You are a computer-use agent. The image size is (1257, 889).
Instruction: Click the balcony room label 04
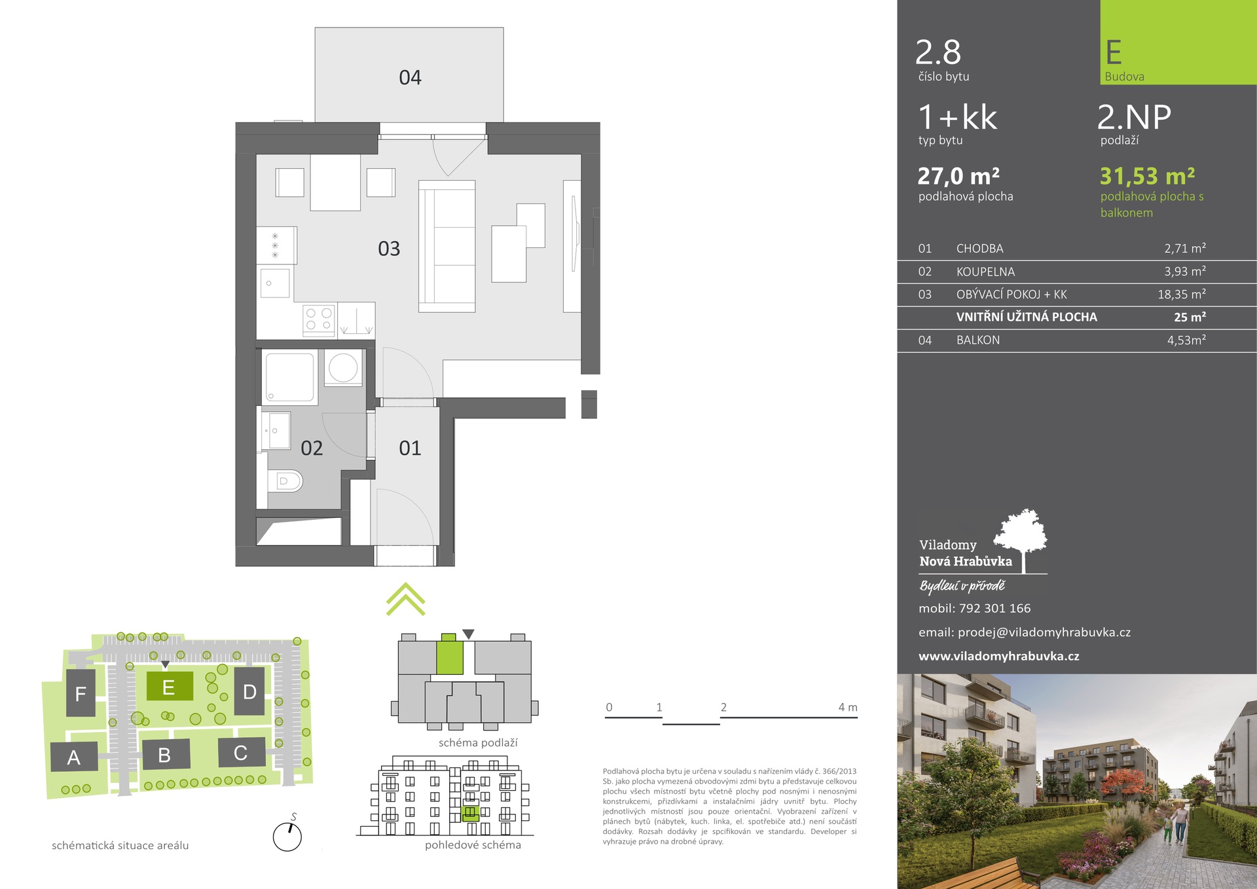pyautogui.click(x=410, y=78)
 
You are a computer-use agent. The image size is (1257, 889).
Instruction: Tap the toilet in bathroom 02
pyautogui.click(x=285, y=481)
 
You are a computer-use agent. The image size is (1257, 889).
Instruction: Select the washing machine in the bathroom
pyautogui.click(x=343, y=367)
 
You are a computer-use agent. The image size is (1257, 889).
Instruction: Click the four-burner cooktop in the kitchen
pyautogui.click(x=319, y=320)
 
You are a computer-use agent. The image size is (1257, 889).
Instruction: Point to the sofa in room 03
pyautogui.click(x=446, y=246)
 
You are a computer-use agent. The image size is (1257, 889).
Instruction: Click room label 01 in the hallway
pyautogui.click(x=410, y=448)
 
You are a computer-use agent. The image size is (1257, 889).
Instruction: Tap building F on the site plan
pyautogui.click(x=81, y=693)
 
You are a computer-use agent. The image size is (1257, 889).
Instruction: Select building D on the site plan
pyautogui.click(x=249, y=691)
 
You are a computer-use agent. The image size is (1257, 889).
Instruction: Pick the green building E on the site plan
pyautogui.click(x=169, y=687)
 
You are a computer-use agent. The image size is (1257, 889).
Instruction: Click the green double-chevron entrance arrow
pyautogui.click(x=406, y=599)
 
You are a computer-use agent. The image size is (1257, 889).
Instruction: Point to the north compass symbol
pyautogui.click(x=287, y=836)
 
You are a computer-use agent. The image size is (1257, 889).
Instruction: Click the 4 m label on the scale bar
pyautogui.click(x=847, y=707)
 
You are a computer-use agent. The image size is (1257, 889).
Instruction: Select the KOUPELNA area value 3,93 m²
pyautogui.click(x=1185, y=271)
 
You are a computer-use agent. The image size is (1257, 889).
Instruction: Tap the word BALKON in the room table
pyautogui.click(x=978, y=340)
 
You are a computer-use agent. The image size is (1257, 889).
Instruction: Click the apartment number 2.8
pyautogui.click(x=938, y=52)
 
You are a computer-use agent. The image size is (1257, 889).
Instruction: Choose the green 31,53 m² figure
pyautogui.click(x=1147, y=176)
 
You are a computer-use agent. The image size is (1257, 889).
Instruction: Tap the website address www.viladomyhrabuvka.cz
pyautogui.click(x=999, y=656)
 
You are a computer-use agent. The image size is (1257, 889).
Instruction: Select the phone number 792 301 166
pyautogui.click(x=994, y=608)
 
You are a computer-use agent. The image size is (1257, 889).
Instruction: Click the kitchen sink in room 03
pyautogui.click(x=276, y=283)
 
